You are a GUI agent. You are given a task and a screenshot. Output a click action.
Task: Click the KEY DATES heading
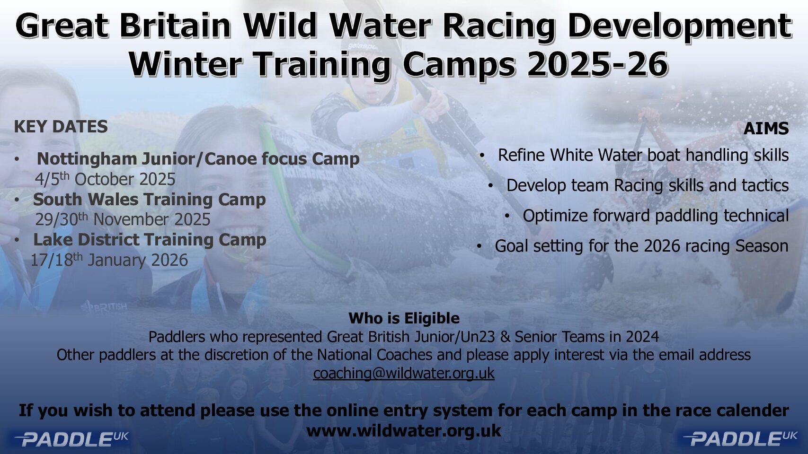click(x=61, y=127)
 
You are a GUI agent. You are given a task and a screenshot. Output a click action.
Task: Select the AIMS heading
click(x=766, y=129)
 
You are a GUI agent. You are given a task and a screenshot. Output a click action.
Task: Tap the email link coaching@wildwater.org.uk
click(x=404, y=373)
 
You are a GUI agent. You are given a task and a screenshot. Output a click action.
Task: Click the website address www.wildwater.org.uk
click(x=404, y=430)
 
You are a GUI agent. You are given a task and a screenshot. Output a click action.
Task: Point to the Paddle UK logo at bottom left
click(x=71, y=439)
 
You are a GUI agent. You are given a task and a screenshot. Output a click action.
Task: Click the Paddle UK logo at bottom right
click(x=740, y=439)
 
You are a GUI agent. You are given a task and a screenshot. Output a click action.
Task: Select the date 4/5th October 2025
click(x=105, y=179)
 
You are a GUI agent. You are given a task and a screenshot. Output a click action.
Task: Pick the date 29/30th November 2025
click(x=123, y=219)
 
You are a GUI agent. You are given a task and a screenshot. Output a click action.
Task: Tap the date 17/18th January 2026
click(x=109, y=260)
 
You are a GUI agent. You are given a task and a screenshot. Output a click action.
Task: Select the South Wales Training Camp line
click(x=149, y=200)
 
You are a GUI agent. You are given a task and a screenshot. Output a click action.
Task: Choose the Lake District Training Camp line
click(x=150, y=240)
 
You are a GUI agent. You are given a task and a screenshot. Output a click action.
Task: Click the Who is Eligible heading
click(x=404, y=319)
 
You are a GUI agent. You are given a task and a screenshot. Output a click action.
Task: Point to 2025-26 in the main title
click(x=597, y=64)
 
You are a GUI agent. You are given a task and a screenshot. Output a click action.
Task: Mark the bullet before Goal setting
click(x=479, y=246)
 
